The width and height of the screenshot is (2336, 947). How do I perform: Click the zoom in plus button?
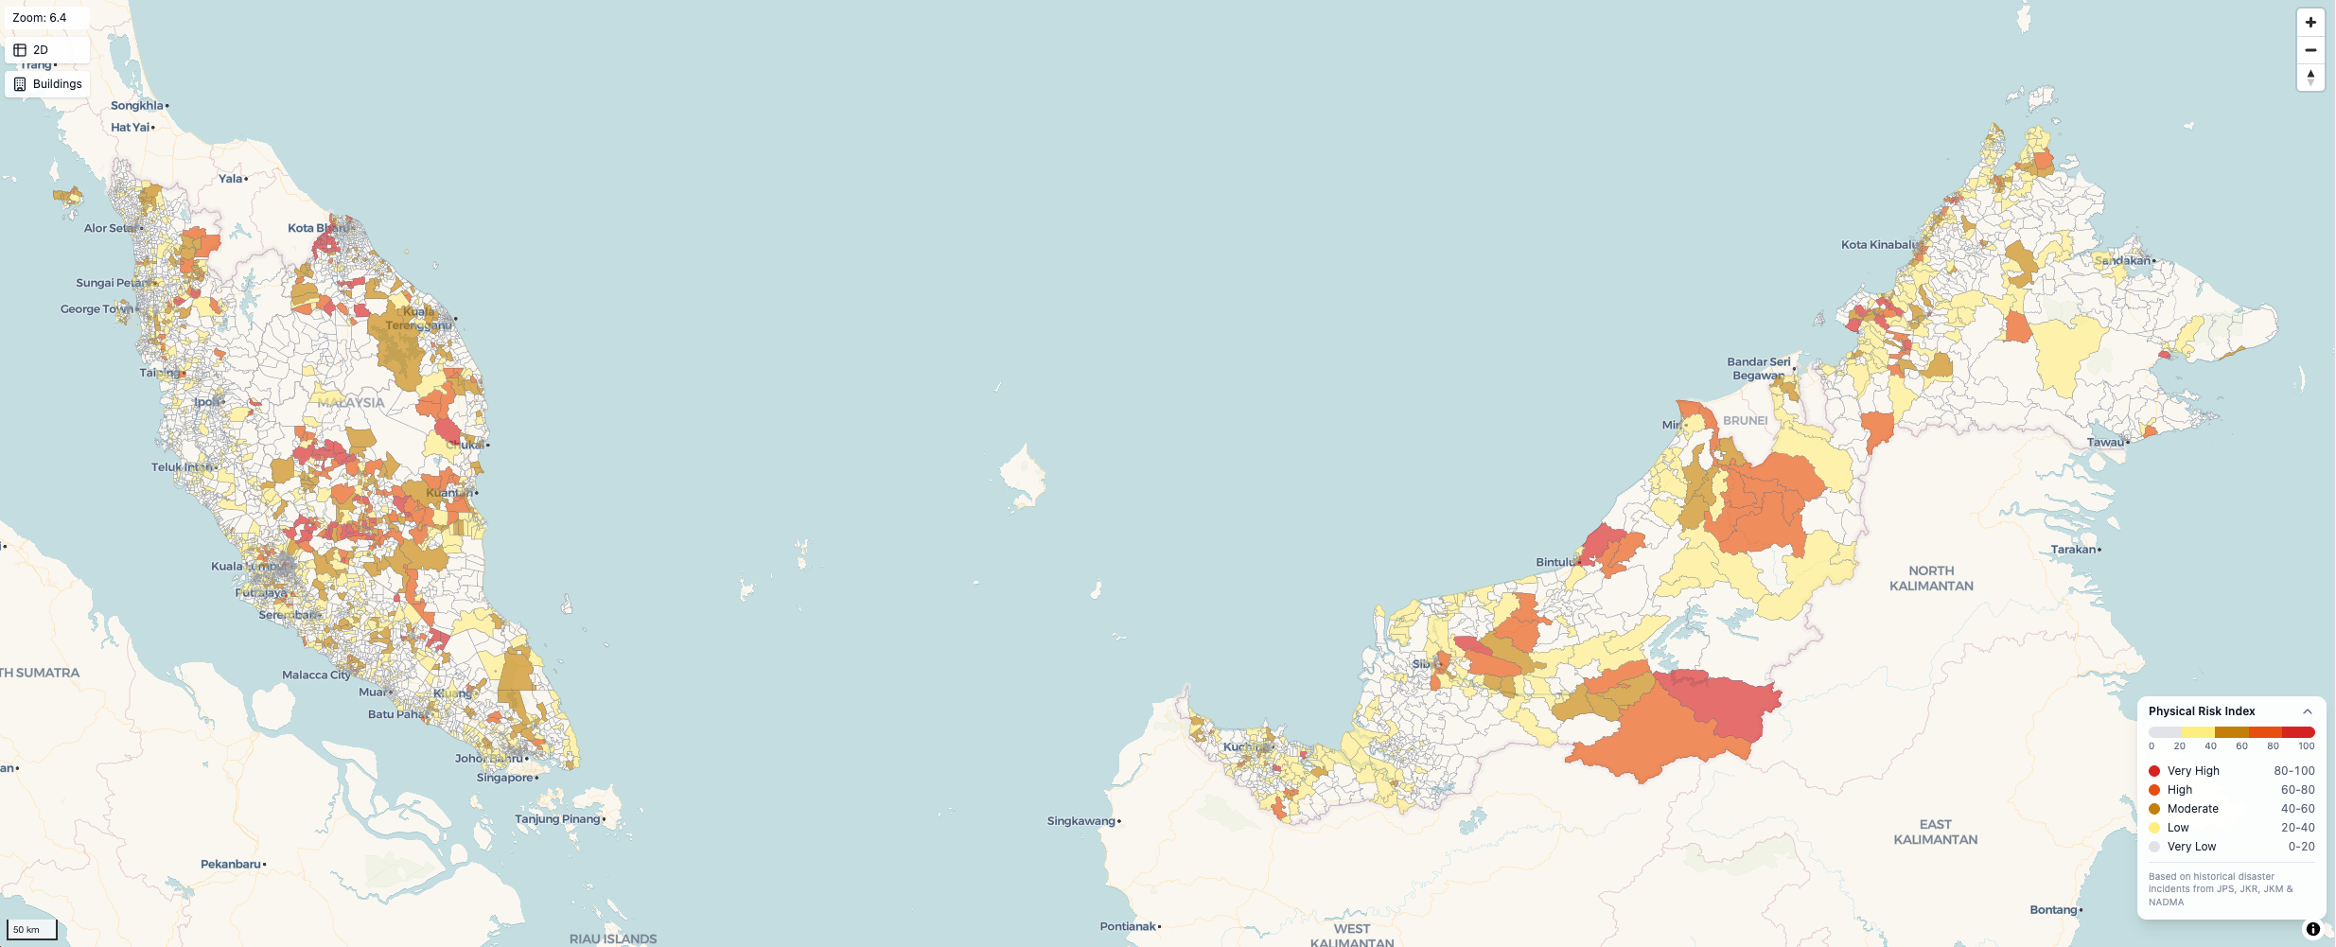(x=2310, y=23)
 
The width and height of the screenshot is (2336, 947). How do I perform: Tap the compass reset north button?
(x=2310, y=78)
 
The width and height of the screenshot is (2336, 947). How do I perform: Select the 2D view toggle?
(x=46, y=50)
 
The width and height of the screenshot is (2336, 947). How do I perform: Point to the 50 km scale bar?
(x=32, y=929)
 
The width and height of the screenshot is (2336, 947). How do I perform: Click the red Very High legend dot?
(x=2154, y=771)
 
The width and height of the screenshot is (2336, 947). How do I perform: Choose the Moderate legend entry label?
(x=2192, y=809)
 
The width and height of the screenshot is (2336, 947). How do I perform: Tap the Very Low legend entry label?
(x=2191, y=847)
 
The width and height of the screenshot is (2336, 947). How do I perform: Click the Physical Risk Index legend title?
(x=2201, y=711)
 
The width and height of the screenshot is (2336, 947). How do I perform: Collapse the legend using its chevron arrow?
(x=2307, y=711)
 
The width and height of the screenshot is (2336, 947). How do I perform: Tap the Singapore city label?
(x=504, y=778)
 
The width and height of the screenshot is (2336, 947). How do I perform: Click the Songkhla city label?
(x=137, y=106)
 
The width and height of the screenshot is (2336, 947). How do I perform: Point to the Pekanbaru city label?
(x=230, y=864)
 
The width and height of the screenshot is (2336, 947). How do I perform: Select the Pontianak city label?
(x=1128, y=926)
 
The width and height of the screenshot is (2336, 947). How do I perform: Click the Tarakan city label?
(x=2073, y=550)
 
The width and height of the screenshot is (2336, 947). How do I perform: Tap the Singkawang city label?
(x=1081, y=821)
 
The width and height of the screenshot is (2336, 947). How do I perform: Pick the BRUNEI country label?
(x=1745, y=421)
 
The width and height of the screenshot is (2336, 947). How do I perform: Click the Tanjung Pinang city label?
(x=557, y=819)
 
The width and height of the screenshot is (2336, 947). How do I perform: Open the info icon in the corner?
(x=2312, y=929)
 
